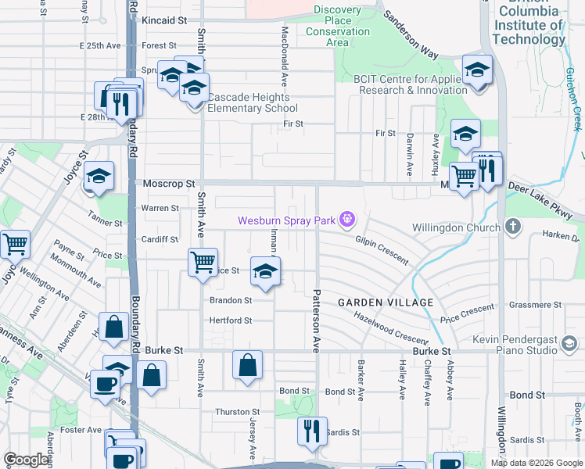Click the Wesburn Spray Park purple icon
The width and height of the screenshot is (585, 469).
346,221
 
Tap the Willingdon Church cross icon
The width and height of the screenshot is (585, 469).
512,227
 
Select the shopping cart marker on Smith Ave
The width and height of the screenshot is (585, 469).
203,262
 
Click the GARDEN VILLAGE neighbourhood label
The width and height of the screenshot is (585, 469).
386,303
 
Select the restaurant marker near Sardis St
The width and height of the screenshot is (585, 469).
312,430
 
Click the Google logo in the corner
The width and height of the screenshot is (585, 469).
27,460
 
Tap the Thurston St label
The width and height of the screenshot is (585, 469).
238,412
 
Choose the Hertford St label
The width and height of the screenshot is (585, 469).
230,320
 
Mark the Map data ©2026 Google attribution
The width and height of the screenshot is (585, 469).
536,463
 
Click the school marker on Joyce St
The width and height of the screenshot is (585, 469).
99,177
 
